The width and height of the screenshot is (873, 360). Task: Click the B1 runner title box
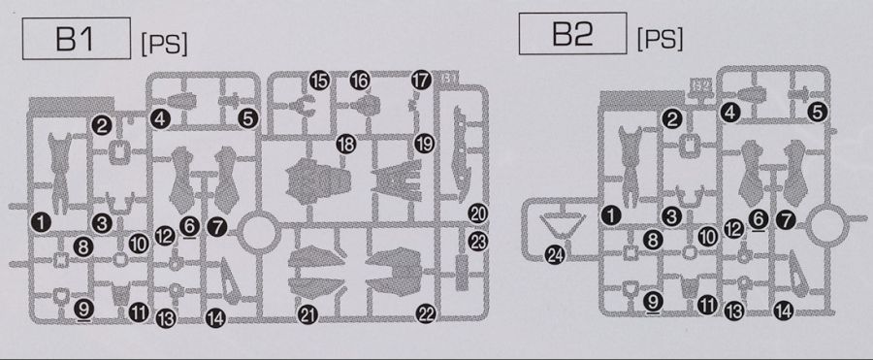coord(77,39)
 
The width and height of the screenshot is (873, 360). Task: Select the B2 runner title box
coord(572,33)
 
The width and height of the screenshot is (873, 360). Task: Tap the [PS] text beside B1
coord(164,44)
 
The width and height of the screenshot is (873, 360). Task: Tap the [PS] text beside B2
coord(660,39)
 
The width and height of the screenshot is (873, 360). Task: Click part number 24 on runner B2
coord(556,255)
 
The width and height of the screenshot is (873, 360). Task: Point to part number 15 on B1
coord(319,82)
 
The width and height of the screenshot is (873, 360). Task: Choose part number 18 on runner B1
coord(345,145)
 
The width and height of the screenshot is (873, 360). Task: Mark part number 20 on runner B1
coord(478,213)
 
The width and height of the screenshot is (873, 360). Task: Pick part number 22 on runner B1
coord(426,314)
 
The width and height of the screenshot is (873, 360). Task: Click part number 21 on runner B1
coord(307,314)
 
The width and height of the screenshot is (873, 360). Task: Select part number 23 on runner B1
coord(478,242)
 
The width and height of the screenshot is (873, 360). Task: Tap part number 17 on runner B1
coord(422,81)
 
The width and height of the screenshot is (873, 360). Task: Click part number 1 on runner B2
coord(611,215)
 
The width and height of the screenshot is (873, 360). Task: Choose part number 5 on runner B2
coord(817,113)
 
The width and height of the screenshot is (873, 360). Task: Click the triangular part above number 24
coord(563,226)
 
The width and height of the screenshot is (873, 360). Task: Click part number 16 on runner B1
coord(360,81)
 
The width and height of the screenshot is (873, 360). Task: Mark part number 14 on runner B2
coord(784,311)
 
